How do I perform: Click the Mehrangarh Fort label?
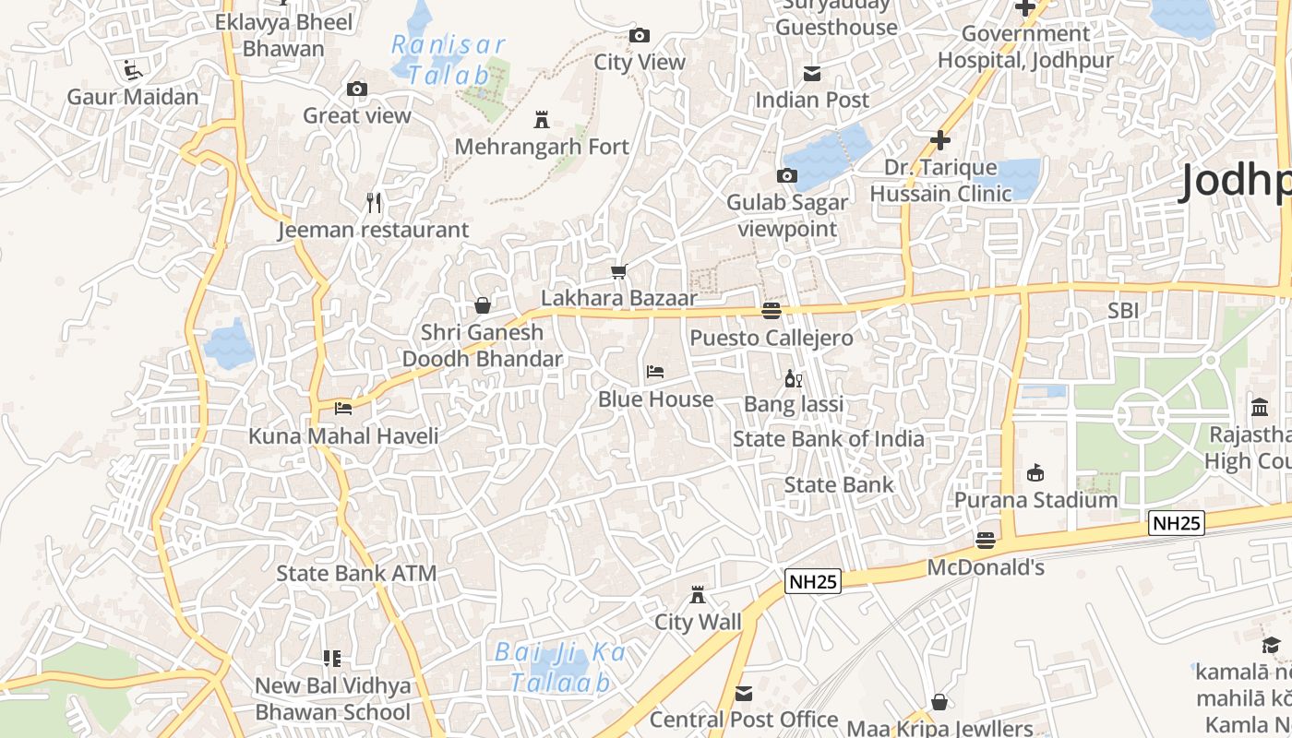pos(542,147)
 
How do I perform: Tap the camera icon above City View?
pos(639,36)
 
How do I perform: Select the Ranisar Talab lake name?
pos(449,60)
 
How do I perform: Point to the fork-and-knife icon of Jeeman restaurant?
pos(374,202)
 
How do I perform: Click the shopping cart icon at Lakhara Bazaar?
pos(619,271)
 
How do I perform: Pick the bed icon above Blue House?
pos(655,372)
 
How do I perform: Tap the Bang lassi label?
pos(794,404)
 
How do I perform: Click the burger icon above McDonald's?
pos(986,540)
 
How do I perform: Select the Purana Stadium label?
pos(1035,500)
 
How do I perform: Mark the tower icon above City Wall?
pos(698,595)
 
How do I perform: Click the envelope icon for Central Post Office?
pos(743,693)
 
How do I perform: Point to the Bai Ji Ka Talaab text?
pos(560,667)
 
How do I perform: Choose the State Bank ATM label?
pos(356,573)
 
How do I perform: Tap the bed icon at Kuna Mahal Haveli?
pos(343,408)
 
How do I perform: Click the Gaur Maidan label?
pos(133,97)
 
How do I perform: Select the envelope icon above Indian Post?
pos(812,73)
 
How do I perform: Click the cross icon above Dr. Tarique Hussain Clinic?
pos(940,140)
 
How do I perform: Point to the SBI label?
pos(1123,311)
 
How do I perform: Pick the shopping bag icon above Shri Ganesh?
pos(482,304)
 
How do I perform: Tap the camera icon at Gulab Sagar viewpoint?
pos(787,175)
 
